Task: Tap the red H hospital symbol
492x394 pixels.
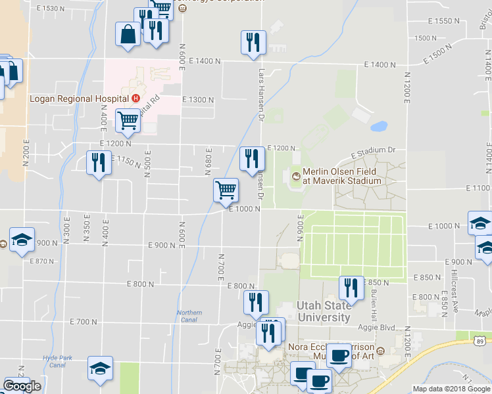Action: pos(135,98)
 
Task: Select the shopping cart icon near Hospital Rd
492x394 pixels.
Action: pos(128,120)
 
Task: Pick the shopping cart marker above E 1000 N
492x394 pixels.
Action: pos(226,190)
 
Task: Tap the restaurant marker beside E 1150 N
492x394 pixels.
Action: pos(99,163)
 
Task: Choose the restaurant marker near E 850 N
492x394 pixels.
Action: pos(351,288)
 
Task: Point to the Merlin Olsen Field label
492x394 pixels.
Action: pos(343,176)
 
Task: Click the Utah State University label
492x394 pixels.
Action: pos(323,312)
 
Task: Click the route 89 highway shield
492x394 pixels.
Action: pos(481,340)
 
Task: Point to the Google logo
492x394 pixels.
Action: pos(22,386)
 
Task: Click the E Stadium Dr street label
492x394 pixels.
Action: pos(373,151)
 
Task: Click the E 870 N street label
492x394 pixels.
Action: pos(42,261)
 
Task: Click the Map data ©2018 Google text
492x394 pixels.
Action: pos(451,388)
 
